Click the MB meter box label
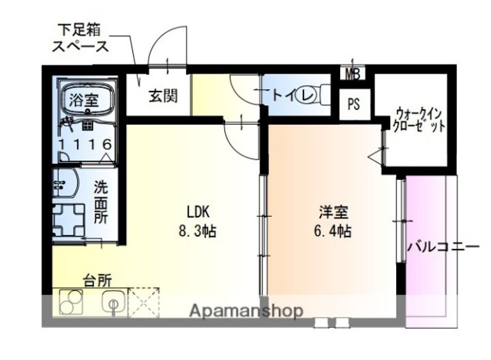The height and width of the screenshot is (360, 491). (x=353, y=74)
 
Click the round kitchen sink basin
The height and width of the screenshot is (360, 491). (x=113, y=301)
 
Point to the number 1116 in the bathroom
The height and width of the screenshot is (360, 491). (x=85, y=144)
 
